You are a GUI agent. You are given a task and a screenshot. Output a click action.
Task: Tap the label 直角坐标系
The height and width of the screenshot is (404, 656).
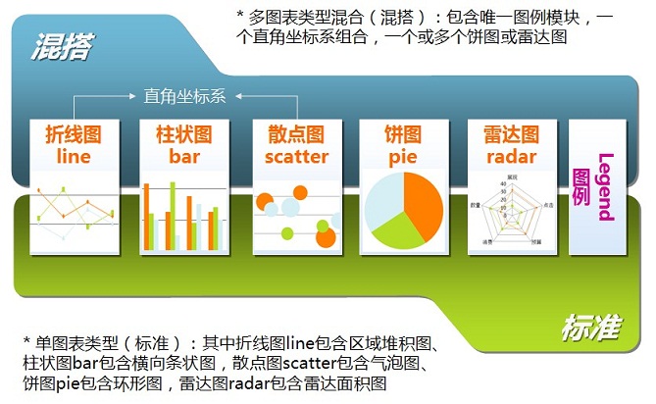[x=184, y=96]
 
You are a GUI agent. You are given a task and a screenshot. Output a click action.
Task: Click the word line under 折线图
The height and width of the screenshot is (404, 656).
[x=74, y=157]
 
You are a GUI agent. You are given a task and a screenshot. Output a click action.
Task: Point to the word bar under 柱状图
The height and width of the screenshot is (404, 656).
[x=183, y=157]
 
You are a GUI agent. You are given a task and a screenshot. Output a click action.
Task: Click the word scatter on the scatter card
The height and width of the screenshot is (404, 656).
[x=296, y=157]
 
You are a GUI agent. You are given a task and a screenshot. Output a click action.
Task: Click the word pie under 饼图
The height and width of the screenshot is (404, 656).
[x=402, y=157]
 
